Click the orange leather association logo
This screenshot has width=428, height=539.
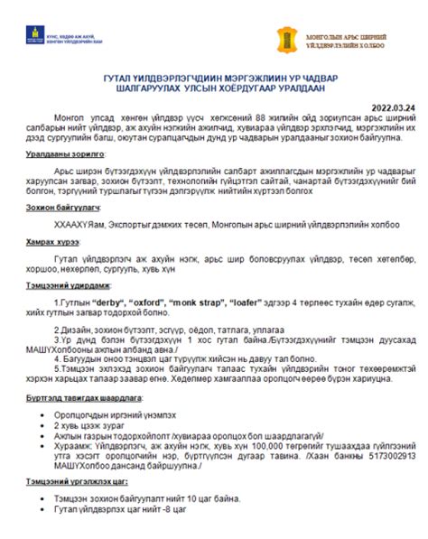287,39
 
